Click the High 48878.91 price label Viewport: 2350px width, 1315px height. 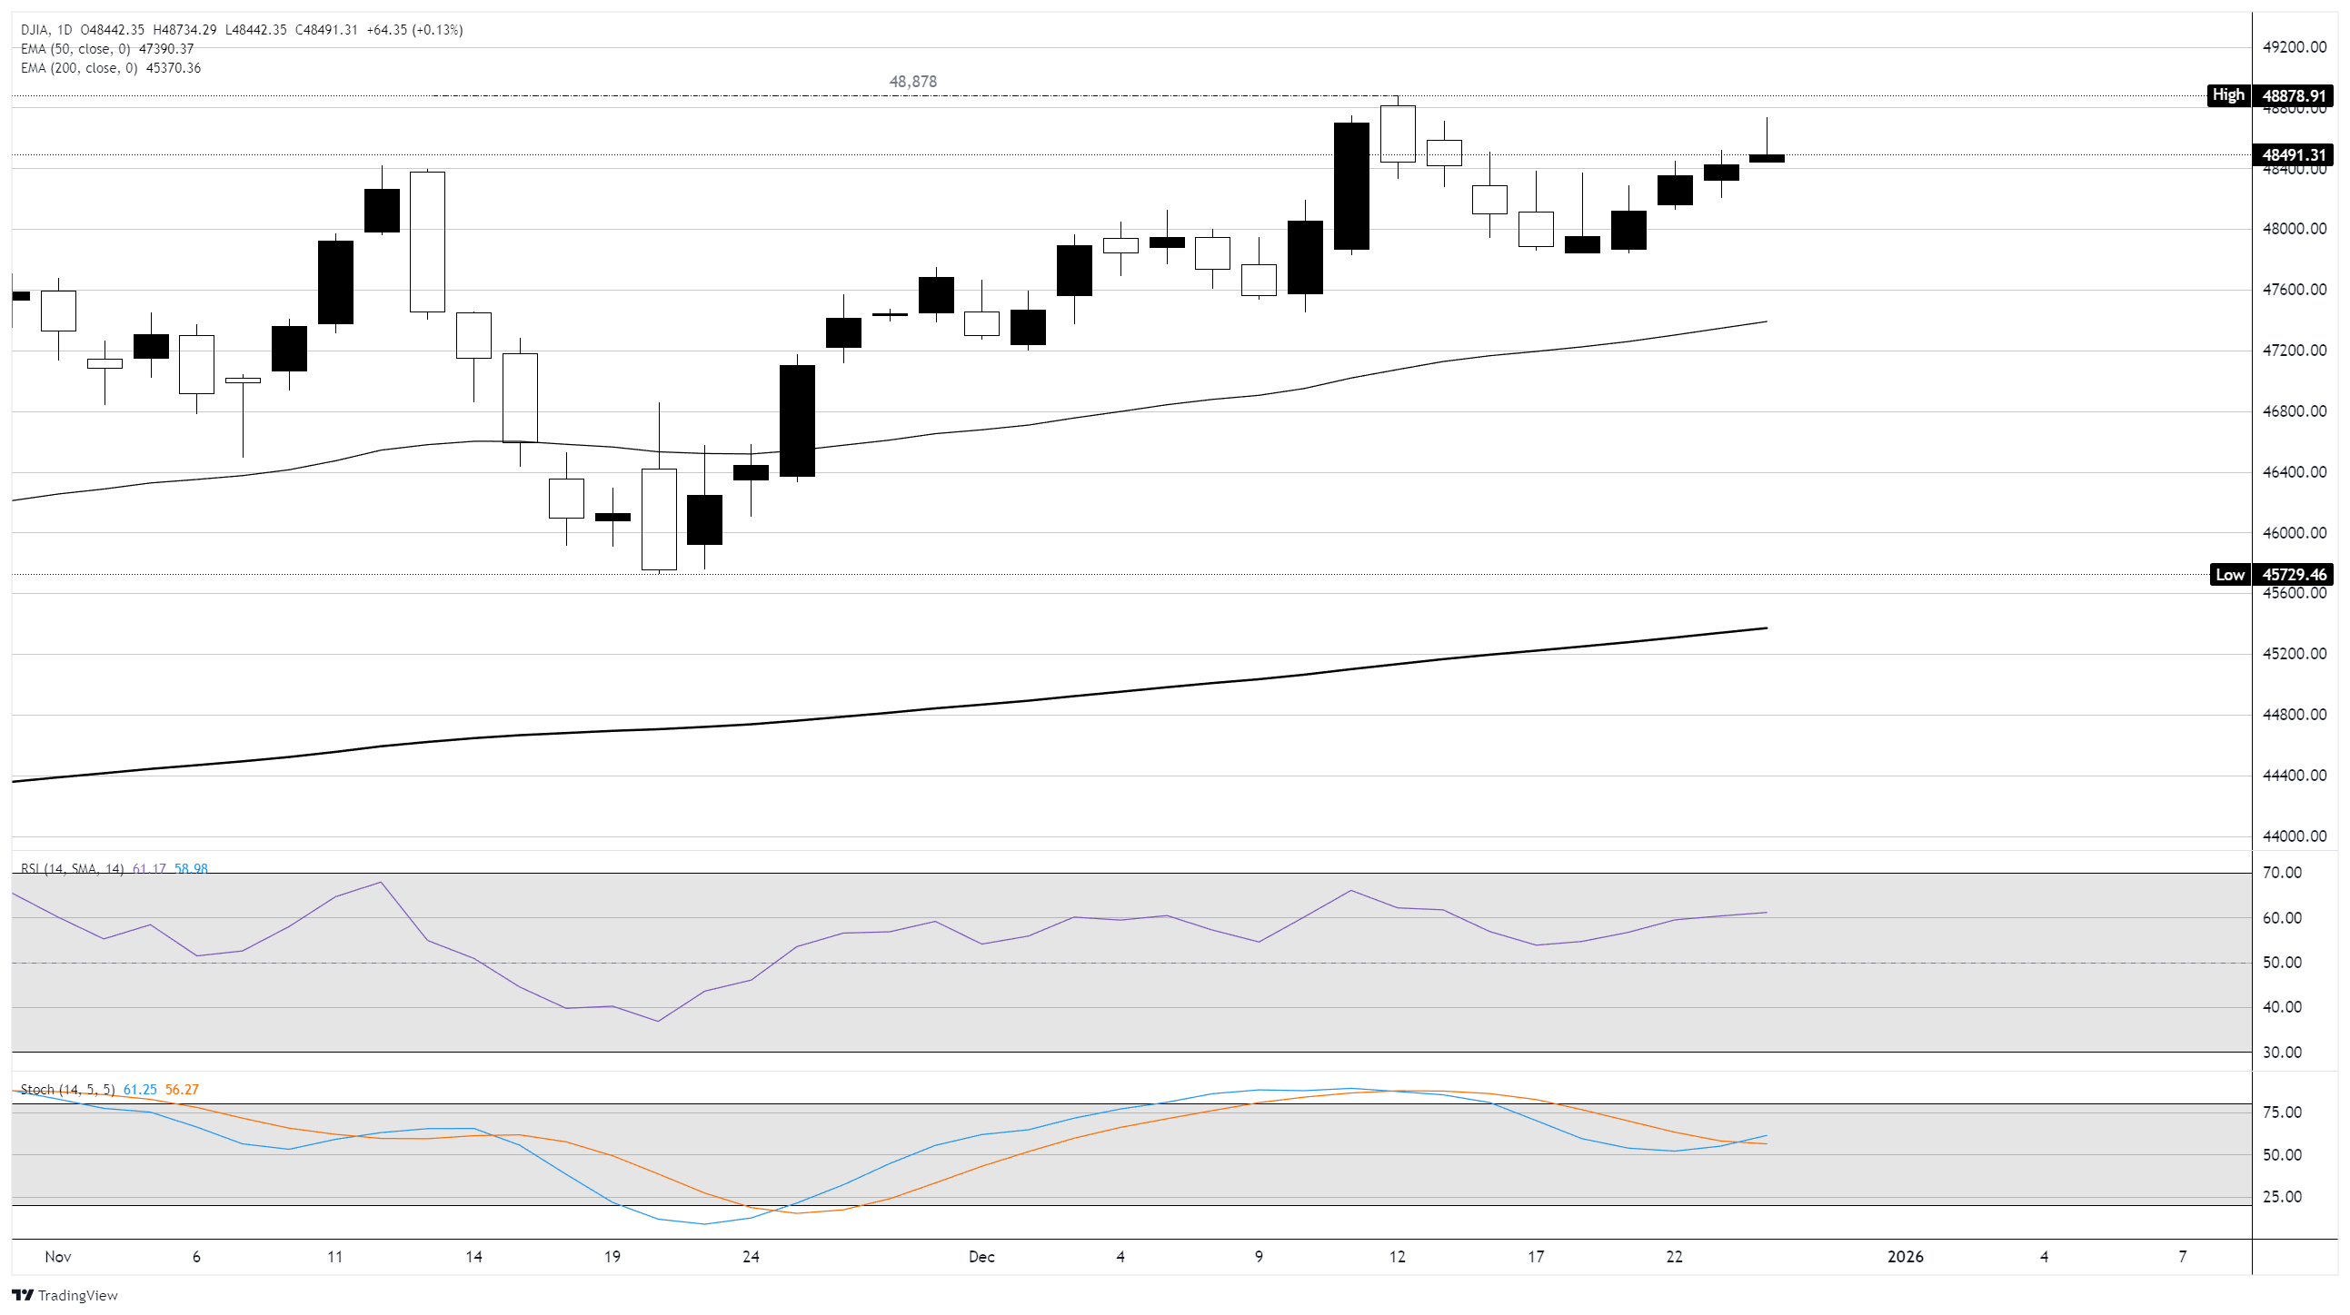[2269, 94]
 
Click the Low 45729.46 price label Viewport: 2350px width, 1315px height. [2271, 575]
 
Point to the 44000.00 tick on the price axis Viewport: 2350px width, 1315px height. [2294, 836]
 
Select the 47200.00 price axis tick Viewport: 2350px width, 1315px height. [2294, 351]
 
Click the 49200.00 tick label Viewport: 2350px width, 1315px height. [2294, 47]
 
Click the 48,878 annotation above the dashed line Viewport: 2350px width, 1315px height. [912, 82]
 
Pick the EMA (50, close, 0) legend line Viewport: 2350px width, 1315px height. [106, 49]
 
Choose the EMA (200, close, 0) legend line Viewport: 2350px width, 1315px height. [110, 68]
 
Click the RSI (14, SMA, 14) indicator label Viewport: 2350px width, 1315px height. [72, 869]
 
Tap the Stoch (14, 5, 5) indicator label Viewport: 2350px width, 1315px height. [67, 1090]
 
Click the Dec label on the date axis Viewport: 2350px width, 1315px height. [981, 1257]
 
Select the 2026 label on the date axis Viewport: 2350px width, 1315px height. [1905, 1257]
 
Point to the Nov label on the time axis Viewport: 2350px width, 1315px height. [57, 1257]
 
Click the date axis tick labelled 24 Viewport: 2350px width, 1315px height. [750, 1257]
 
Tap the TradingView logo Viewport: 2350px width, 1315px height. [65, 1295]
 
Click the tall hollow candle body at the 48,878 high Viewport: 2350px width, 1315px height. [1398, 134]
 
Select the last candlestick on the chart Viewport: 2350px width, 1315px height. [1767, 158]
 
